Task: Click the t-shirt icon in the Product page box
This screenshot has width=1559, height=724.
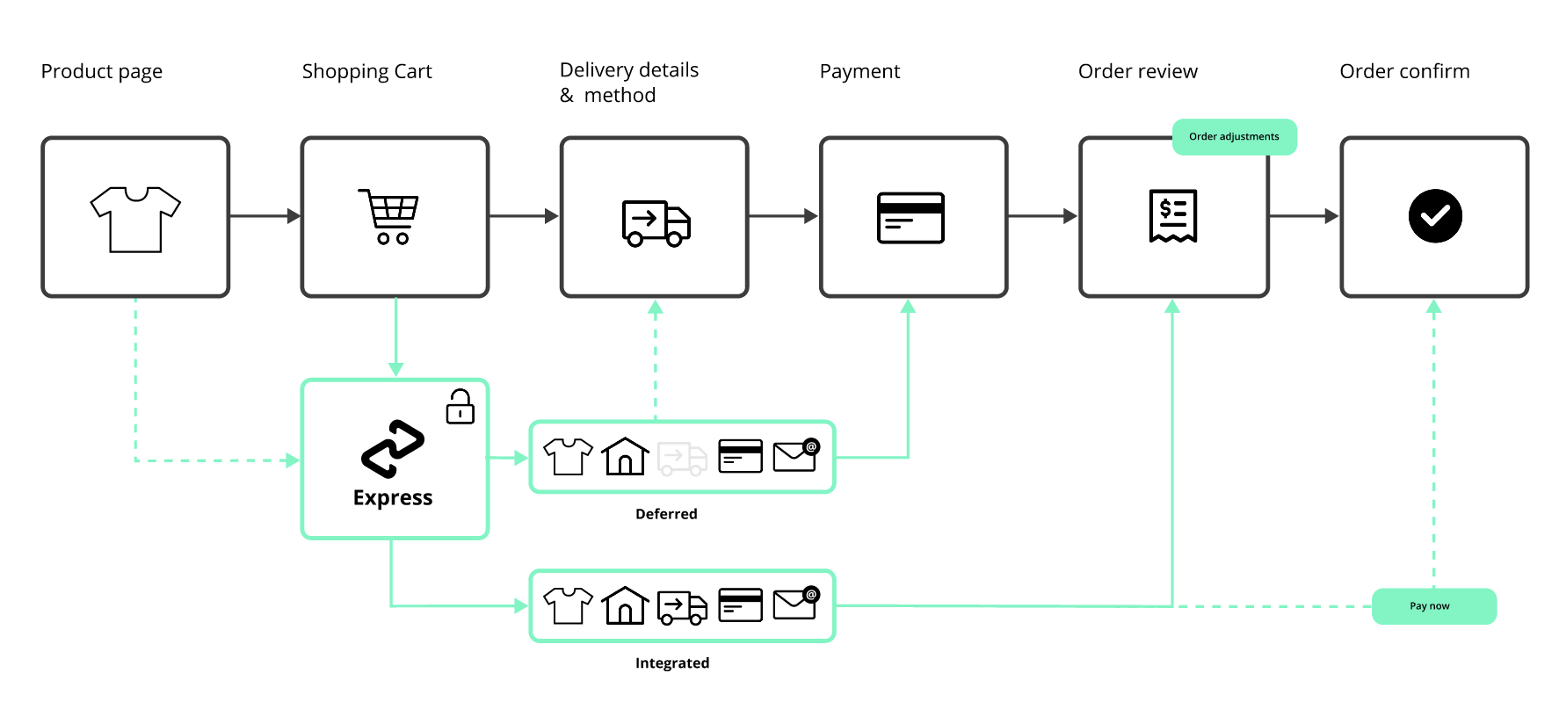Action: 135,219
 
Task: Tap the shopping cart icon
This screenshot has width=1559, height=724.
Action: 389,216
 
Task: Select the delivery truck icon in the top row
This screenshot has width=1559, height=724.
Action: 656,222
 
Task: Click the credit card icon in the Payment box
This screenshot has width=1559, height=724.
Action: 910,217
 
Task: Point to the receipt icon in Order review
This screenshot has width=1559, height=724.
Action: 1173,215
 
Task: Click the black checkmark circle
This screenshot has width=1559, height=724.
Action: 1434,216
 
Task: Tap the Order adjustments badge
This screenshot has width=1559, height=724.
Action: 1234,137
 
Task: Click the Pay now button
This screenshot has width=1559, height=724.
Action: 1433,606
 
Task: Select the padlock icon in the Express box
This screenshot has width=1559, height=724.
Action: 460,407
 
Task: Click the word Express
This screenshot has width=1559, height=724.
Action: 393,498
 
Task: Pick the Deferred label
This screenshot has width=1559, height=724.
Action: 666,514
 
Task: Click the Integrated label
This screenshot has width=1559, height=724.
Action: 672,663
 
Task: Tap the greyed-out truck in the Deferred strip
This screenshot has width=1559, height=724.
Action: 683,458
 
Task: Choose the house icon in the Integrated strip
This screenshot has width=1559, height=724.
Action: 625,605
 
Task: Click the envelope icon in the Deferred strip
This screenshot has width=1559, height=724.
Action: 795,456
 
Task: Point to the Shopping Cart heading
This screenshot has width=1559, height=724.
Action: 366,72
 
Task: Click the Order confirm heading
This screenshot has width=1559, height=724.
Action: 1404,72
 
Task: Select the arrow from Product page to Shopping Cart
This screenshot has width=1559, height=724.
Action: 265,216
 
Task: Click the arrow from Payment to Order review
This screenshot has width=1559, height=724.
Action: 1042,216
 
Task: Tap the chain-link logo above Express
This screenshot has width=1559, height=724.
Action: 393,448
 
